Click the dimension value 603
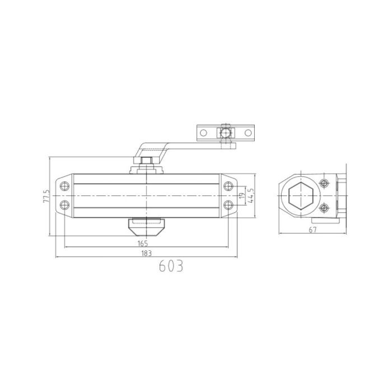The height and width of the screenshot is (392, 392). (171, 266)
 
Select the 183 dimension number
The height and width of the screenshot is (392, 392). (147, 253)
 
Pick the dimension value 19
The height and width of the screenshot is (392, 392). (241, 195)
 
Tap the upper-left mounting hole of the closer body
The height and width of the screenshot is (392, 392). (66, 185)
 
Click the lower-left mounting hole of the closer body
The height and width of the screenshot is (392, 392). (66, 204)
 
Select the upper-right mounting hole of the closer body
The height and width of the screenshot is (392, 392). (227, 185)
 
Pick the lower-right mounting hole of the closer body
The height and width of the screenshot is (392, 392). (227, 204)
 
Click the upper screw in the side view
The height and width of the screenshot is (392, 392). (323, 184)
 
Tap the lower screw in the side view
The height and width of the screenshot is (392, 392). (323, 208)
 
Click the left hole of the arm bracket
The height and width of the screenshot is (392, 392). (204, 133)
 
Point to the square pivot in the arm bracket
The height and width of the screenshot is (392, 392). (226, 133)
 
